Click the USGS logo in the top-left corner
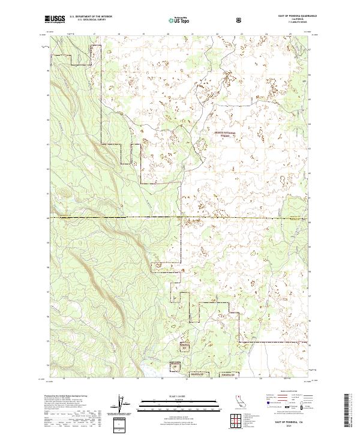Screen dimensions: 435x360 pyautogui.click(x=55, y=19)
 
